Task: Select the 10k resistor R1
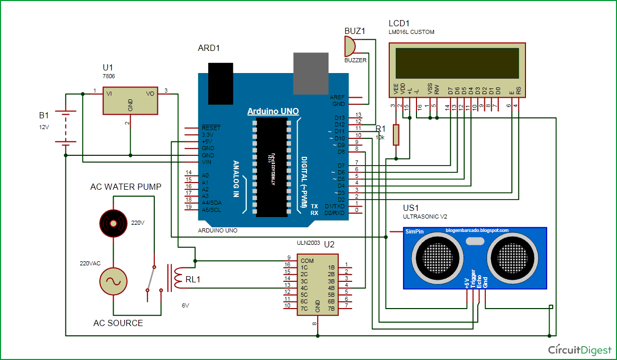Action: [x=396, y=135]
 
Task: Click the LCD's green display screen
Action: [x=457, y=63]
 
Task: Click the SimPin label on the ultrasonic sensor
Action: [x=414, y=232]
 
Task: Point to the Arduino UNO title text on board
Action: [x=273, y=112]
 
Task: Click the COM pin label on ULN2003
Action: [x=307, y=261]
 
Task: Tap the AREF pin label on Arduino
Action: [x=338, y=97]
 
